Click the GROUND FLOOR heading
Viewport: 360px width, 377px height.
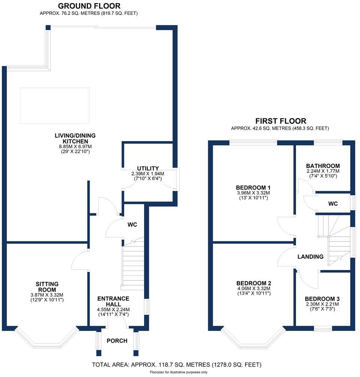(89, 6)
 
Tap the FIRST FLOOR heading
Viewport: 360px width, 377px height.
(281, 121)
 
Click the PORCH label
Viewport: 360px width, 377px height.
(117, 341)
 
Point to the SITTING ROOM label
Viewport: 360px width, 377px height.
(47, 287)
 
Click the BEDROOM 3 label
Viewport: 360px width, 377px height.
(322, 299)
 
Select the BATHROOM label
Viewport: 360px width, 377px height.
(323, 166)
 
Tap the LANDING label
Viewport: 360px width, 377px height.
(310, 257)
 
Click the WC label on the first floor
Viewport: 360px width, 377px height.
(333, 204)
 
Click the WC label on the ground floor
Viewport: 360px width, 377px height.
(132, 225)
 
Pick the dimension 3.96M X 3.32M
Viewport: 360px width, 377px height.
(253, 193)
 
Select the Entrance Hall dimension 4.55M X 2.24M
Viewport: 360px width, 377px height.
(113, 309)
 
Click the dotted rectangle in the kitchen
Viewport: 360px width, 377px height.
(55, 105)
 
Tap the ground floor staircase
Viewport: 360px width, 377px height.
(133, 264)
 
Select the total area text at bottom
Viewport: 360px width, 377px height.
(176, 364)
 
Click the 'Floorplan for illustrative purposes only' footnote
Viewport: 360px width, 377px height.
(179, 373)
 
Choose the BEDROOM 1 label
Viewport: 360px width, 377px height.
(253, 187)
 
